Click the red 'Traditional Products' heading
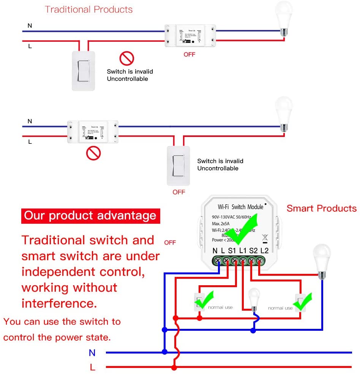[89, 9]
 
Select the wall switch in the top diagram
[83, 71]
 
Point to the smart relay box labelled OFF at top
[189, 36]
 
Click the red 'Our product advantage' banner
[90, 215]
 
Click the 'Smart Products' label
[321, 208]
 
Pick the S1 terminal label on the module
[232, 250]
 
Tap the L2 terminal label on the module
[264, 250]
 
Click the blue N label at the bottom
[92, 353]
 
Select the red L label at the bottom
[92, 367]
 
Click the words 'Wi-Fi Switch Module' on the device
[240, 207]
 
